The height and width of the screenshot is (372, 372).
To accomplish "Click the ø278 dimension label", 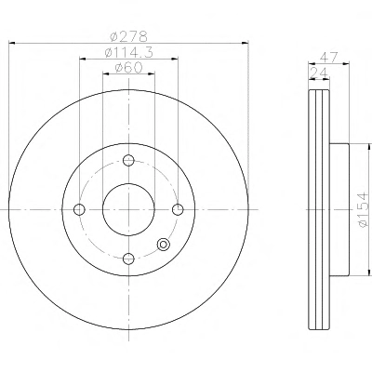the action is (x=128, y=36).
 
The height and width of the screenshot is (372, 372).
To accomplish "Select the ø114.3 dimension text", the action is (x=128, y=52).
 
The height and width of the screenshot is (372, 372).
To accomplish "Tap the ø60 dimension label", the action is (x=128, y=68).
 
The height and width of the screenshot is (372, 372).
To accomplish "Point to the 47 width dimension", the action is (x=329, y=58).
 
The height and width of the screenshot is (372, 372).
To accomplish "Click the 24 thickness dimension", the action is (x=319, y=73).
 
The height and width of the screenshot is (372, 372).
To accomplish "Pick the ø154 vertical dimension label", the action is (x=363, y=210).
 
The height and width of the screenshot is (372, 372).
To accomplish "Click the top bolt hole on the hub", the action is (x=128, y=160).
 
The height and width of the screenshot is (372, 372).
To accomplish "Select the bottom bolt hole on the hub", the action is (x=128, y=259).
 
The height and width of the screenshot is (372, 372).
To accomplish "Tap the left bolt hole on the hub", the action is (x=79, y=209).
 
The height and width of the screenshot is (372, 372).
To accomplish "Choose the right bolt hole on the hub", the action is (x=178, y=209).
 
